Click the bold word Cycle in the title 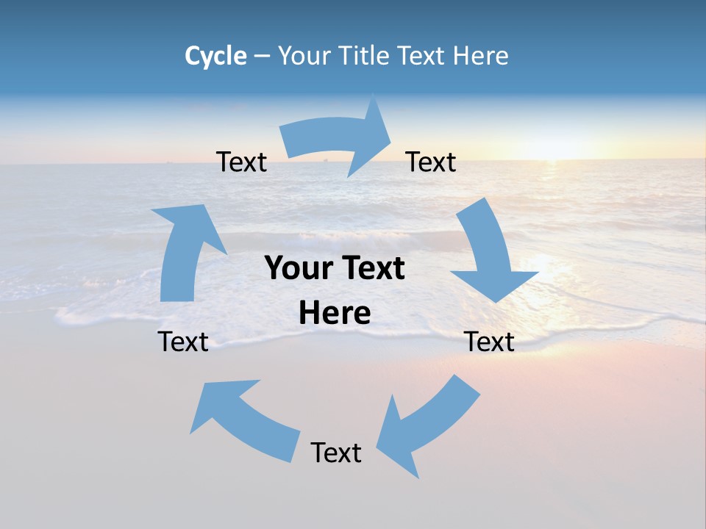(215, 56)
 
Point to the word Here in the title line (480, 56)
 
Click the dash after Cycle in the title (262, 57)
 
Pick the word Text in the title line (424, 56)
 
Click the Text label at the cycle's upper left (241, 162)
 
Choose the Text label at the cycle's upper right (431, 162)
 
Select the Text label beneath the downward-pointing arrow (490, 342)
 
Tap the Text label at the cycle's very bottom (336, 453)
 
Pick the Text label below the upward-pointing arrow (183, 342)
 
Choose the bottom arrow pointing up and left (243, 419)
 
